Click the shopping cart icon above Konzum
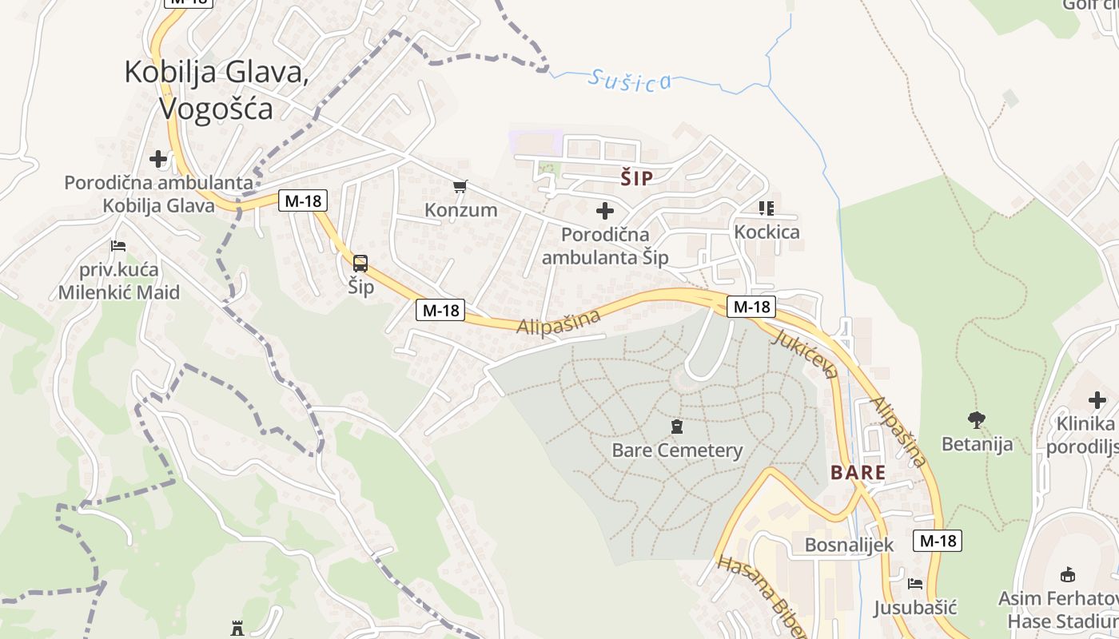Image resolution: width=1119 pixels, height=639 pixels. click(460, 187)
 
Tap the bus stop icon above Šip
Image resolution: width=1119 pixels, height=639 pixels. click(360, 264)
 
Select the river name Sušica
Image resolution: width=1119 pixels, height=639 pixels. click(630, 80)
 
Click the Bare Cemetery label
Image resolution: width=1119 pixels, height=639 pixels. click(677, 450)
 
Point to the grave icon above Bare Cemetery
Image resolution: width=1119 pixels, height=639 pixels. click(677, 426)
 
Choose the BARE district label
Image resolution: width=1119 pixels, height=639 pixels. click(858, 472)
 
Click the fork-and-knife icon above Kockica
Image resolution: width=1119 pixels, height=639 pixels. click(767, 208)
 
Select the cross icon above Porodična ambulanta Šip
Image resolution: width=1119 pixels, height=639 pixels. click(605, 211)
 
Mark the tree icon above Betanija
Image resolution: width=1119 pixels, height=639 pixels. click(976, 419)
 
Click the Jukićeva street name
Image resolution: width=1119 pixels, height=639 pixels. click(805, 352)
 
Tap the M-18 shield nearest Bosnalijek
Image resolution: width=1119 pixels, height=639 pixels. click(938, 541)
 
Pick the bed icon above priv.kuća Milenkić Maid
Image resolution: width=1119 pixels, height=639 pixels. click(118, 245)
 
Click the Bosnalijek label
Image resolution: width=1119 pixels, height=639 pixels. click(849, 545)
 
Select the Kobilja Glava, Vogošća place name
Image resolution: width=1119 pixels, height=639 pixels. click(216, 89)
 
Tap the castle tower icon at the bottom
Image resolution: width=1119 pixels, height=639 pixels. click(237, 627)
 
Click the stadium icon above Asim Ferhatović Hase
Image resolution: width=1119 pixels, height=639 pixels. click(1067, 574)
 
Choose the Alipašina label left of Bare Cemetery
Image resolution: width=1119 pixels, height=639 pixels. click(558, 323)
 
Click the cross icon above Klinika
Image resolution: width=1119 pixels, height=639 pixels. click(1098, 399)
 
